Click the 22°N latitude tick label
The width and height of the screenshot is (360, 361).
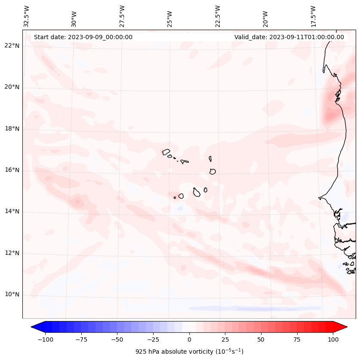coord(12,46)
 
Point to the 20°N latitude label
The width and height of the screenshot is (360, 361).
coord(12,87)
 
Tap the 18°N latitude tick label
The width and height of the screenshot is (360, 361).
coord(12,129)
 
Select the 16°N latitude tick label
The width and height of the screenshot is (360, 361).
coord(12,170)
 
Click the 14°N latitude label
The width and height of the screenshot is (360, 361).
coord(12,211)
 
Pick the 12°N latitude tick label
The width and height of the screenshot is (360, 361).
coord(12,253)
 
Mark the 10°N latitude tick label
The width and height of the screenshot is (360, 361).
coord(12,294)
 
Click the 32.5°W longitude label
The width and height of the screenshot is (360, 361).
coord(27,16)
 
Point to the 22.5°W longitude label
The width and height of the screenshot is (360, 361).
coord(218,16)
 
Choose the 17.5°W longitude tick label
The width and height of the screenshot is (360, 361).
coord(314,16)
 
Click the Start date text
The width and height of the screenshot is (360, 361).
coord(83,37)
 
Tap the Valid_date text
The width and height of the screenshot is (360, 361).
coord(289,37)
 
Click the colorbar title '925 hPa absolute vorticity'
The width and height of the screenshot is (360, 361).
coord(189,352)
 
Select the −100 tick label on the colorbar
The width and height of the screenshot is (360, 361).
coord(44,339)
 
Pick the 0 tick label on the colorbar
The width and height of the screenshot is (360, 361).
coord(189,339)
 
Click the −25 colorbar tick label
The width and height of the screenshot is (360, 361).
coord(153,339)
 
